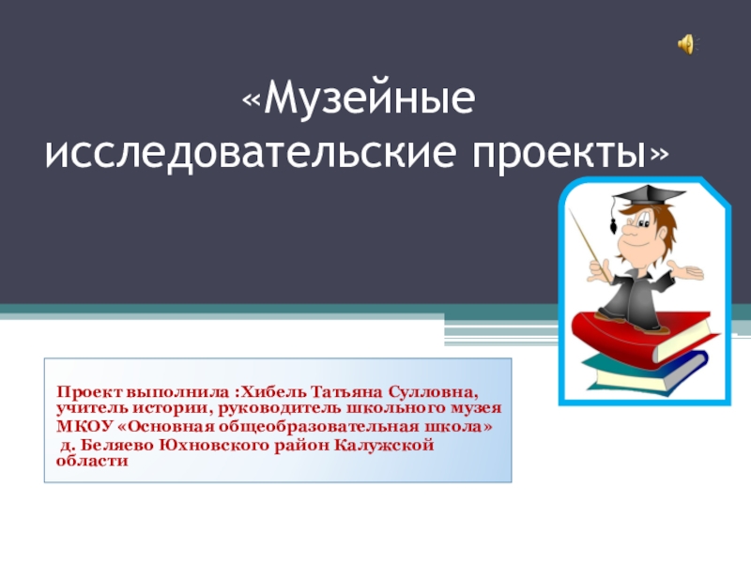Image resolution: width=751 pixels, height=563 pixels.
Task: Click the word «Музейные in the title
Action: (x=359, y=99)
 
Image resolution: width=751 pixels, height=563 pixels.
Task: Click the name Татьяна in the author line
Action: (x=347, y=392)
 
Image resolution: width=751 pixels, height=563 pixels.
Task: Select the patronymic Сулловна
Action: (x=434, y=392)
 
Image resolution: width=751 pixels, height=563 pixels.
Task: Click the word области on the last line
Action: (x=92, y=461)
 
